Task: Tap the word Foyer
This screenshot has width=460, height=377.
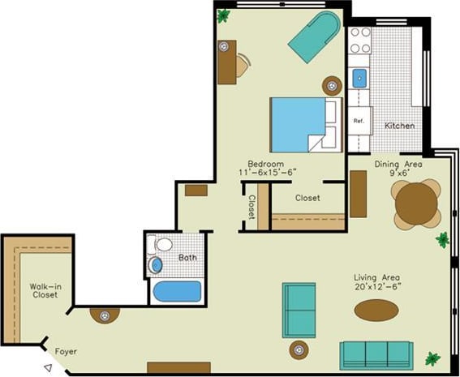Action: coord(67,352)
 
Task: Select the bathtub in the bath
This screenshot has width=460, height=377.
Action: coord(176,291)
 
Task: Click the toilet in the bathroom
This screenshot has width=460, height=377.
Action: coord(164,244)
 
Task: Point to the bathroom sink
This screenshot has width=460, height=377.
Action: coord(156,264)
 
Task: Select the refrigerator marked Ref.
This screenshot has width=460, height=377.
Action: coord(359,121)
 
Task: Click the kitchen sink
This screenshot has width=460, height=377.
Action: coord(359,79)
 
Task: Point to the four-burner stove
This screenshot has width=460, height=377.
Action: coord(359,41)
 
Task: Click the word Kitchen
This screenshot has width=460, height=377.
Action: coord(399,126)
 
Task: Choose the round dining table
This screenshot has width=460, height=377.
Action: coord(416,204)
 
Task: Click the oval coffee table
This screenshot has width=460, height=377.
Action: coord(376,310)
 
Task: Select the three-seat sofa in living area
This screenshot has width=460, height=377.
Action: coord(376,354)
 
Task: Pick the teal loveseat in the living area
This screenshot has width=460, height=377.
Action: coord(299,310)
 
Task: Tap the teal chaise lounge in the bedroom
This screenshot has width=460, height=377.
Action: coord(314,36)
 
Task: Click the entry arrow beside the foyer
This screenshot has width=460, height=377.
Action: coord(48,367)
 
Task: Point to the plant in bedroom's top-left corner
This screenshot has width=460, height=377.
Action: coord(223,15)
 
